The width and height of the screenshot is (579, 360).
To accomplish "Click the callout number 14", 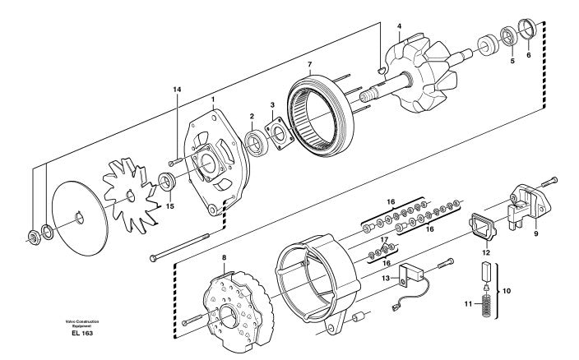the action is coord(178,90).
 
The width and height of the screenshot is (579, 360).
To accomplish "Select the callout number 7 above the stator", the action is coord(310,64).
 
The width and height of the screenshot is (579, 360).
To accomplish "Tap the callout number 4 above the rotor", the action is coord(399,25).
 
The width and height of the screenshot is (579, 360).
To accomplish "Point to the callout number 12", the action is coord(486,252).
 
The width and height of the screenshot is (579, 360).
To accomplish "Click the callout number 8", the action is coord(225,257).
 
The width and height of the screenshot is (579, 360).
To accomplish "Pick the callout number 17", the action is coord(385,239).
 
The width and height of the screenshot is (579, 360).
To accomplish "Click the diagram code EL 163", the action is coord(82,333).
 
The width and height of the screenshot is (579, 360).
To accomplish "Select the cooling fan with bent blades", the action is coord(131,195).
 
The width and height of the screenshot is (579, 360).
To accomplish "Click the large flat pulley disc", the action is coord(80,219).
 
